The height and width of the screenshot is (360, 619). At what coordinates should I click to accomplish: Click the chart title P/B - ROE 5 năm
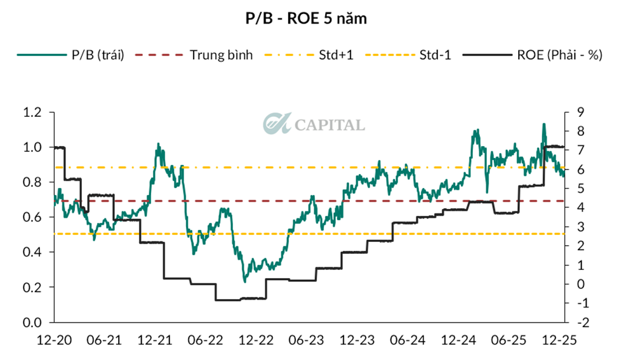coord(309,19)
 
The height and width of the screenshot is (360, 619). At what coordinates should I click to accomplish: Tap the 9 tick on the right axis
coord(576,112)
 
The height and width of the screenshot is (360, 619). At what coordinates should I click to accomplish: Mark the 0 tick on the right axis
coord(576,284)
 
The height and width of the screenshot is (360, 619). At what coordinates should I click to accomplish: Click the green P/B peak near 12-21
coord(158,145)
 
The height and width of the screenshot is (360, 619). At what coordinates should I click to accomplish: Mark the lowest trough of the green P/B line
coord(245,280)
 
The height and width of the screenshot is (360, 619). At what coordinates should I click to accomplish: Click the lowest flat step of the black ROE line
coord(229,299)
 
